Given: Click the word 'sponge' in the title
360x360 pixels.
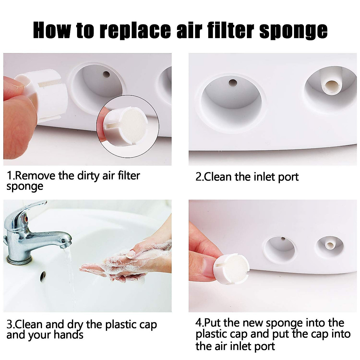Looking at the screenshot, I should pos(293,30).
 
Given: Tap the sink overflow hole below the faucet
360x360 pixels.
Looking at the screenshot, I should pos(43,275).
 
